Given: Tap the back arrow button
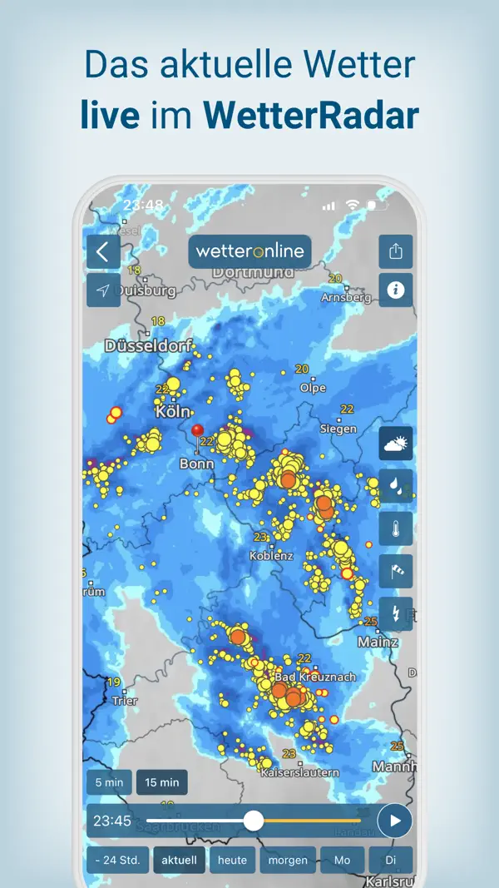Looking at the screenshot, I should click(103, 251).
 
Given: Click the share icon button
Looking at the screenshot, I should click(396, 251).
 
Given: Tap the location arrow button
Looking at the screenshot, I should click(103, 290).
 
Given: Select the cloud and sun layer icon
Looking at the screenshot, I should click(396, 444).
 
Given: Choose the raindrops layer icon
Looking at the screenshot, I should click(396, 486).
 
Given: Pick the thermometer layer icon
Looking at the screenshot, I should click(396, 528).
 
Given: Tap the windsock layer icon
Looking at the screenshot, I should click(396, 571).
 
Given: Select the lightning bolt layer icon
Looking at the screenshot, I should click(396, 613).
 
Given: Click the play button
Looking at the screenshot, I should click(395, 821).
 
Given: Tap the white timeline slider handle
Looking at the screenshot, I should click(254, 821).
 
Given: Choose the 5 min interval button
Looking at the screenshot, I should click(109, 782).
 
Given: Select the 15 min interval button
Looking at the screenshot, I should click(162, 782).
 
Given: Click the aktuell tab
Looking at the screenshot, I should click(180, 861).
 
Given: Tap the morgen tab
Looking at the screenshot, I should click(288, 861).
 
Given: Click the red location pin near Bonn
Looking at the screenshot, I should click(197, 431).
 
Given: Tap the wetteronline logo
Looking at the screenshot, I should click(249, 251).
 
